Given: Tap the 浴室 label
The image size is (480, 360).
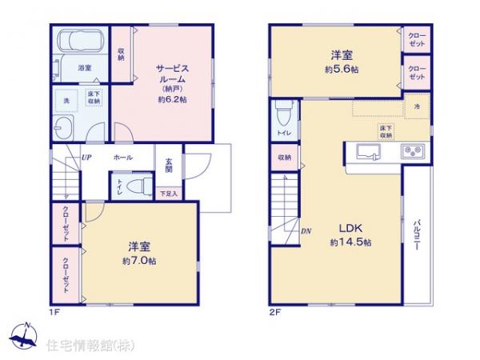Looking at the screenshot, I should click(x=84, y=70).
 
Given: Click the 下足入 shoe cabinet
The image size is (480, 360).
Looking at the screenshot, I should click(x=169, y=194).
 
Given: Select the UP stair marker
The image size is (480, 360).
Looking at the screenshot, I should click(x=86, y=158).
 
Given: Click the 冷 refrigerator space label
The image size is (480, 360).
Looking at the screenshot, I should click(x=417, y=106).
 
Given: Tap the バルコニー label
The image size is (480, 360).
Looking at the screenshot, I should click(x=418, y=236).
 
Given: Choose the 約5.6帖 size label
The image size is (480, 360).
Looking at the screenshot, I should click(x=342, y=70).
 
